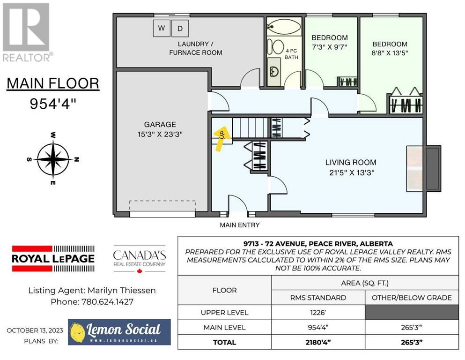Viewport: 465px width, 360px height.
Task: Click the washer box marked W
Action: [162, 28]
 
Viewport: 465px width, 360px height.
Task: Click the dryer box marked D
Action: [180, 29]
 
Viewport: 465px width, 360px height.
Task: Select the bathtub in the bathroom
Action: [284, 26]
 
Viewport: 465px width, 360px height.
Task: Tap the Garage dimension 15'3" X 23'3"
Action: [160, 135]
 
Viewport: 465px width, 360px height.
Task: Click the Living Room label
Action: [351, 162]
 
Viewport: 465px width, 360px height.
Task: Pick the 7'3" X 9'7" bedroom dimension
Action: [330, 47]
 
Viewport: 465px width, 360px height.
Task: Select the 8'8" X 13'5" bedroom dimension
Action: [390, 53]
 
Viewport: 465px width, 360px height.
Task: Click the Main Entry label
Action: [240, 225]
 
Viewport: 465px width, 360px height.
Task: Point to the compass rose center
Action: [53, 159]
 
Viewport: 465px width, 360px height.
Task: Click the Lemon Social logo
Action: [119, 332]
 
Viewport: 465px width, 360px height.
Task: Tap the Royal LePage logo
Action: [53, 258]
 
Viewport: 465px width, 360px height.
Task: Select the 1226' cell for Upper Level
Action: [318, 313]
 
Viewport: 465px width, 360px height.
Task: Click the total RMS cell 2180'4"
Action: [318, 342]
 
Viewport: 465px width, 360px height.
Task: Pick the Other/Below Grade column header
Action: [412, 298]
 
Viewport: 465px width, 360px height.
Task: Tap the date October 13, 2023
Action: [35, 330]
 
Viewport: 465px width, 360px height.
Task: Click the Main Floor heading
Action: [53, 83]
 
